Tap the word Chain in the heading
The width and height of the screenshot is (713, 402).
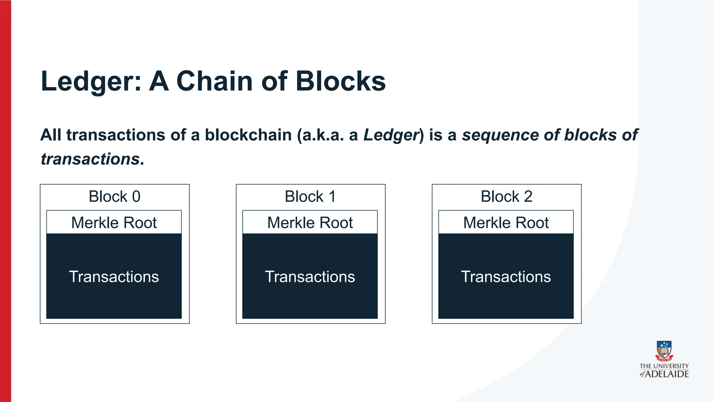(215, 82)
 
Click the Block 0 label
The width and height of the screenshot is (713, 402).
(115, 196)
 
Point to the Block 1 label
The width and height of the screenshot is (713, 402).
(310, 196)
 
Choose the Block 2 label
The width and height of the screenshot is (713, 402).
(507, 196)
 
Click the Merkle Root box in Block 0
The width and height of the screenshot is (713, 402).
(114, 223)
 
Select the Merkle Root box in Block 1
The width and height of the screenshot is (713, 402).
(310, 223)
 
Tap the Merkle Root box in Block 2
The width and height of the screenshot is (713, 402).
(506, 223)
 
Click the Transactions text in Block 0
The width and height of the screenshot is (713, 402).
(114, 277)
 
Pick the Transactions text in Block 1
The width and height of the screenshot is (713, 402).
(310, 277)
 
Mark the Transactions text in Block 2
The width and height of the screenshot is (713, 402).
(506, 277)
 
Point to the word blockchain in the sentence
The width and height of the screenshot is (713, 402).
(248, 135)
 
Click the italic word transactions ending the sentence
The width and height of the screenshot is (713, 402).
(90, 159)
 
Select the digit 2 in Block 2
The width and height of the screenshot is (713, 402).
(528, 196)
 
